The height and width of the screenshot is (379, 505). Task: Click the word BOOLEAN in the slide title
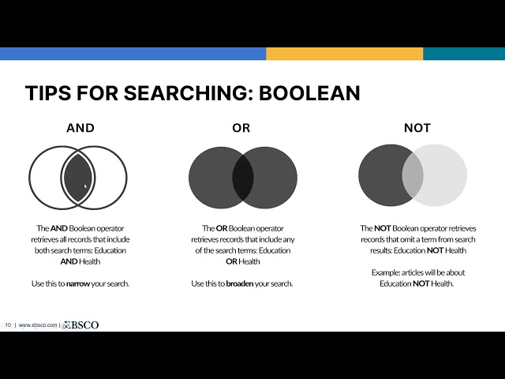pyautogui.click(x=309, y=93)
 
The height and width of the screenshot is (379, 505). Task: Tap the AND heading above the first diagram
pyautogui.click(x=80, y=128)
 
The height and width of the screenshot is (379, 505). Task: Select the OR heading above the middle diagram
pyautogui.click(x=241, y=128)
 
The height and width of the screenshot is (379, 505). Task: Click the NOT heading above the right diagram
pyautogui.click(x=417, y=128)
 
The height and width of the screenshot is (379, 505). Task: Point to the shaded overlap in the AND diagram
pyautogui.click(x=77, y=178)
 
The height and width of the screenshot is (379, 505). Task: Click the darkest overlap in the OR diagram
pyautogui.click(x=242, y=178)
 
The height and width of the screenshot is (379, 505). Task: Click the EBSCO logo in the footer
pyautogui.click(x=81, y=325)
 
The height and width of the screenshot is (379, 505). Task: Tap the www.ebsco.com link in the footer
pyautogui.click(x=38, y=325)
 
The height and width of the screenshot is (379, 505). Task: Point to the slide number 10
pyautogui.click(x=8, y=325)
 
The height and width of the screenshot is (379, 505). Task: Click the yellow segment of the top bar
pyautogui.click(x=344, y=54)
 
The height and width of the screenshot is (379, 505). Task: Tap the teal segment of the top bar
pyautogui.click(x=463, y=54)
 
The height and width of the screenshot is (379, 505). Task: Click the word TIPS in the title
pyautogui.click(x=46, y=93)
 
